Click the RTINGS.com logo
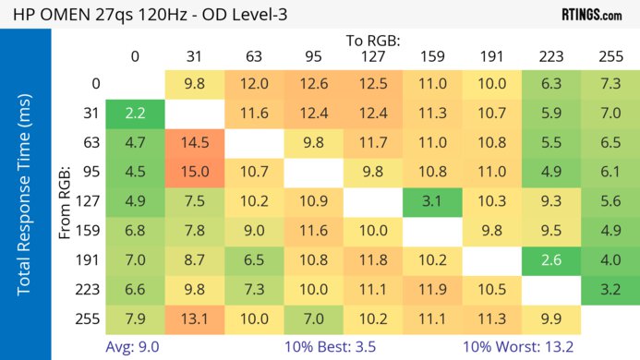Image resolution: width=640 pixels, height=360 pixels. click(x=592, y=14)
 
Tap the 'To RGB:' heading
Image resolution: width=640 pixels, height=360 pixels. click(x=373, y=41)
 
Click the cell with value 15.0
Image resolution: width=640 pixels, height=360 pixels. click(x=195, y=171)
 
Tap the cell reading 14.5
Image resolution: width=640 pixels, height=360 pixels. click(x=195, y=142)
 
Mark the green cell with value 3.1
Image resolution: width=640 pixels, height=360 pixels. click(x=432, y=199)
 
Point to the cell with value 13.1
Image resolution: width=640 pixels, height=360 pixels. click(x=195, y=319)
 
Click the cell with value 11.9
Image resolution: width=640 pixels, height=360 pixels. click(x=432, y=291)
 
